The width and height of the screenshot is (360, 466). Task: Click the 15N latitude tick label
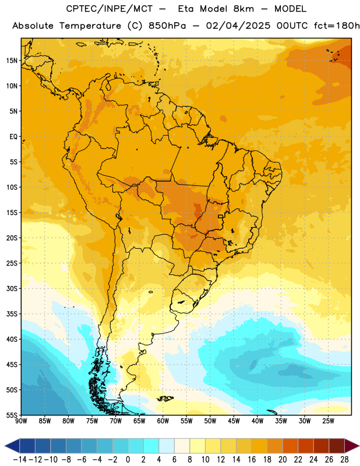pyautogui.click(x=12, y=61)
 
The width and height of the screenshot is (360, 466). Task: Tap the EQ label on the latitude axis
pyautogui.click(x=13, y=137)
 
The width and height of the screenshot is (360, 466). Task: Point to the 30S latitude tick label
pyautogui.click(x=12, y=288)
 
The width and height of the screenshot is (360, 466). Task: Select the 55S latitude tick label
pyautogui.click(x=12, y=415)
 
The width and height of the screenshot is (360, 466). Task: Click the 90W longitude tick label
pyautogui.click(x=22, y=421)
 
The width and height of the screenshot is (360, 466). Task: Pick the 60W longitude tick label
pyautogui.click(x=163, y=421)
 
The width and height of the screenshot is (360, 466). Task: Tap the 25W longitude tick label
pyautogui.click(x=328, y=421)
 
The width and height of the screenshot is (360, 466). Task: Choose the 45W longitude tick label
pyautogui.click(x=234, y=421)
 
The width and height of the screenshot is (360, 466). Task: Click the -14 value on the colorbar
pyautogui.click(x=20, y=460)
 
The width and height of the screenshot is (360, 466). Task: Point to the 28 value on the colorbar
pyautogui.click(x=344, y=460)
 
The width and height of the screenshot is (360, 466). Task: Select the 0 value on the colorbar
pyautogui.click(x=128, y=460)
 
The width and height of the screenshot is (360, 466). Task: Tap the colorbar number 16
pyautogui.click(x=252, y=460)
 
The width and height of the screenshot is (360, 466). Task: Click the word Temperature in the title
pyautogui.click(x=90, y=26)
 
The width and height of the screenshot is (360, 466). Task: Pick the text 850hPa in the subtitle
pyautogui.click(x=167, y=26)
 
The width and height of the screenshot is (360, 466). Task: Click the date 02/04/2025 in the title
pyautogui.click(x=238, y=26)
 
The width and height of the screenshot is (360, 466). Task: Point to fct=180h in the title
pyautogui.click(x=337, y=26)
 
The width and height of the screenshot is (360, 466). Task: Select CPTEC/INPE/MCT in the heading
pyautogui.click(x=110, y=9)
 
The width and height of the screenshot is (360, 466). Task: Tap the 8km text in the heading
pyautogui.click(x=243, y=9)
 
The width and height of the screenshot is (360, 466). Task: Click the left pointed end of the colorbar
pyautogui.click(x=5, y=446)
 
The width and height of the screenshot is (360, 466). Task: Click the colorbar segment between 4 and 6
pyautogui.click(x=167, y=446)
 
